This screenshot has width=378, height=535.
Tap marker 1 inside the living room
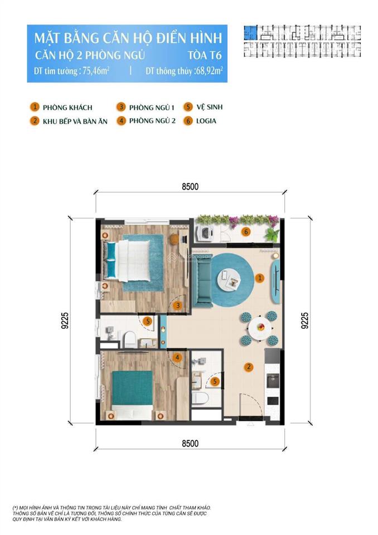click(x=259, y=277)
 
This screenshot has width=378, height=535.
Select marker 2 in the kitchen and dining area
click(x=249, y=367)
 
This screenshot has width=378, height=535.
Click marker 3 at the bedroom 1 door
click(x=177, y=305)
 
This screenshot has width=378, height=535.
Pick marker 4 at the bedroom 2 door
click(x=177, y=358)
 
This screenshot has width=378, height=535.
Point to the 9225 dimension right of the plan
click(x=304, y=321)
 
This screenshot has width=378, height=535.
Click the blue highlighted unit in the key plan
click(x=251, y=32)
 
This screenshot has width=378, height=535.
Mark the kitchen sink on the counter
click(x=272, y=381)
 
